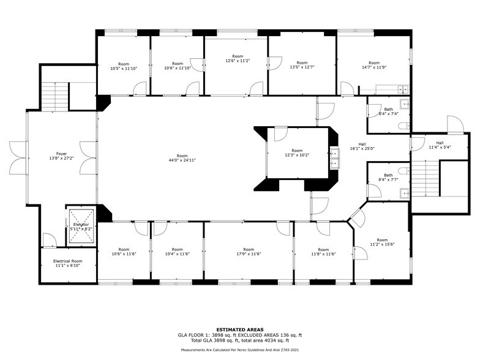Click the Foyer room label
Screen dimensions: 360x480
61,156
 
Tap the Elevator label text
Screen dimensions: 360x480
81,227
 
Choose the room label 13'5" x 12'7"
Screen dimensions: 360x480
302,65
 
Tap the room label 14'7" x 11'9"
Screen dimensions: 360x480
373,66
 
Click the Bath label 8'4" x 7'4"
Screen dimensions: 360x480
388,111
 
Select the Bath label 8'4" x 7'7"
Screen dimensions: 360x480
388,178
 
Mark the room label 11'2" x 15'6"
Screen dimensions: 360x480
382,242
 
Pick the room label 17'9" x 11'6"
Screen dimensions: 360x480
248,252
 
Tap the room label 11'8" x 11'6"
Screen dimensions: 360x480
323,252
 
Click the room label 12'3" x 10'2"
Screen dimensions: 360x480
297,153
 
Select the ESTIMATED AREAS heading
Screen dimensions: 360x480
240,329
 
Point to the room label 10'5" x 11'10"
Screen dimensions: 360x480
124,66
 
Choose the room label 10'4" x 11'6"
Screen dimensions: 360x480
177,252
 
